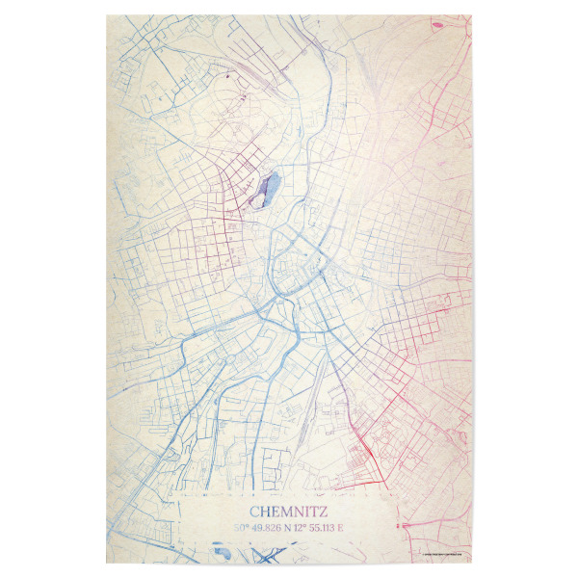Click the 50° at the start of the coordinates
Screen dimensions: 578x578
pos(240,528)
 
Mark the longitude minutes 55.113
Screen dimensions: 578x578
pos(321,528)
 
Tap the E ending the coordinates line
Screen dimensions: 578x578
pos(341,528)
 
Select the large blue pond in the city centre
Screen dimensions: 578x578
pos(265,189)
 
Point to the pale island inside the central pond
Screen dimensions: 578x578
pos(263,194)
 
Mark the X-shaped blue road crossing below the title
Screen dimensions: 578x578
pos(258,556)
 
